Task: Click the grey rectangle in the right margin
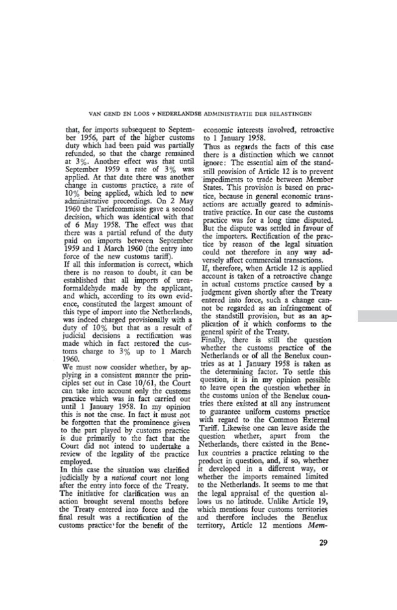point(377,315)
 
